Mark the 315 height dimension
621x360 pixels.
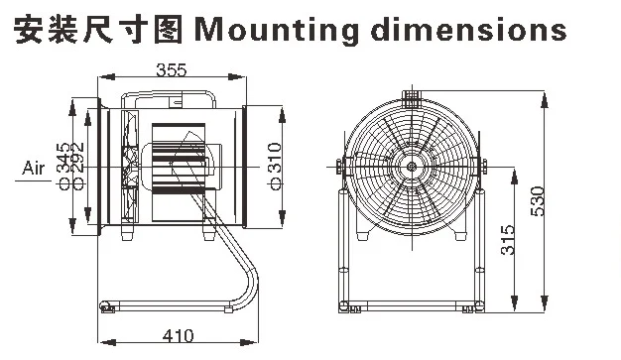click(x=508, y=239)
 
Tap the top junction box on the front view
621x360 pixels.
click(x=410, y=97)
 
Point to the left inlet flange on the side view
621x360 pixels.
click(x=99, y=169)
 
